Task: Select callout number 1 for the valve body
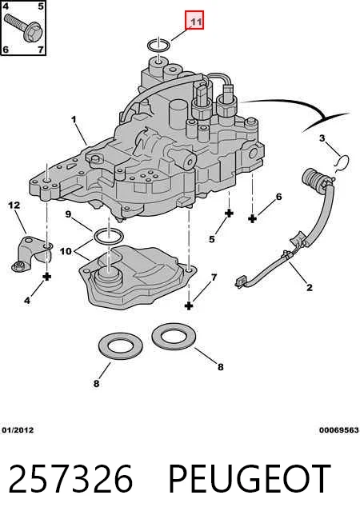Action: pos(74,119)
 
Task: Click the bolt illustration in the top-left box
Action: pos(22,26)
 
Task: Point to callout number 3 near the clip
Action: pos(322,138)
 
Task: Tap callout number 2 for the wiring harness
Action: pos(310,287)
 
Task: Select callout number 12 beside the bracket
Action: pos(14,205)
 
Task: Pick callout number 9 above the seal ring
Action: pos(68,214)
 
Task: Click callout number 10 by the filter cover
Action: pos(66,251)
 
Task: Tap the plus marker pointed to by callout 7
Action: pos(189,305)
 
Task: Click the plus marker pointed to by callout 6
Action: pos(253,219)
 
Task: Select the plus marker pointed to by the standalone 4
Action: pos(47,277)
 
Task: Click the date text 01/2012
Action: pos(18,430)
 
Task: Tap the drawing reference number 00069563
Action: pos(339,430)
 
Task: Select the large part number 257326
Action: pos(70,479)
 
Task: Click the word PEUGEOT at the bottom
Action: pos(250,479)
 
